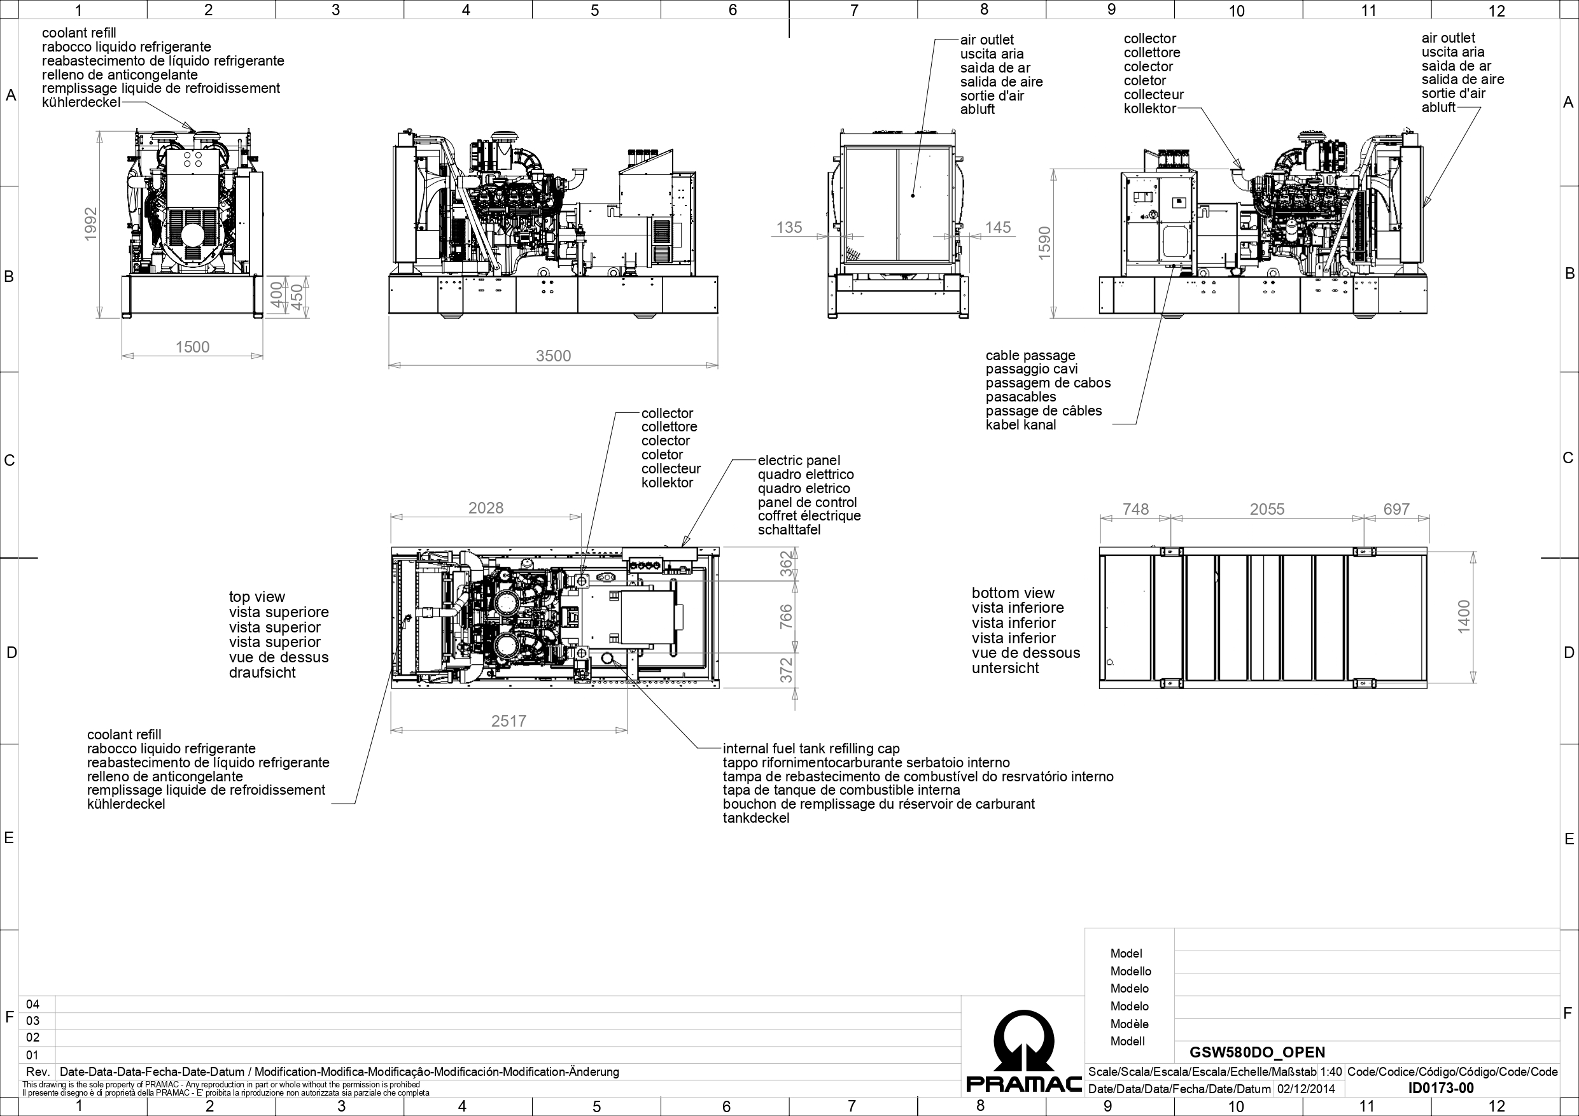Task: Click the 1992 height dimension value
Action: (x=91, y=224)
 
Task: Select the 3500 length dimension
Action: (x=554, y=356)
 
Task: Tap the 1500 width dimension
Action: (x=193, y=347)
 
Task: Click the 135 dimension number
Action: (x=789, y=228)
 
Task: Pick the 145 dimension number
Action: (x=998, y=228)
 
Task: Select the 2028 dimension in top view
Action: (x=486, y=508)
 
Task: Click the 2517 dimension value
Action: (x=509, y=721)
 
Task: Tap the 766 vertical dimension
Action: (x=786, y=616)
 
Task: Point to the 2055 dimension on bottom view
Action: (x=1267, y=509)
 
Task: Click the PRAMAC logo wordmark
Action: (x=1024, y=1084)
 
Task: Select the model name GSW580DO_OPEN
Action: (x=1257, y=1052)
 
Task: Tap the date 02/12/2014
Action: (x=1306, y=1089)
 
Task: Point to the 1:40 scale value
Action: (x=1331, y=1072)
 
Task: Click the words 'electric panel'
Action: (x=799, y=461)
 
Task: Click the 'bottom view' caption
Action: (x=1013, y=593)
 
